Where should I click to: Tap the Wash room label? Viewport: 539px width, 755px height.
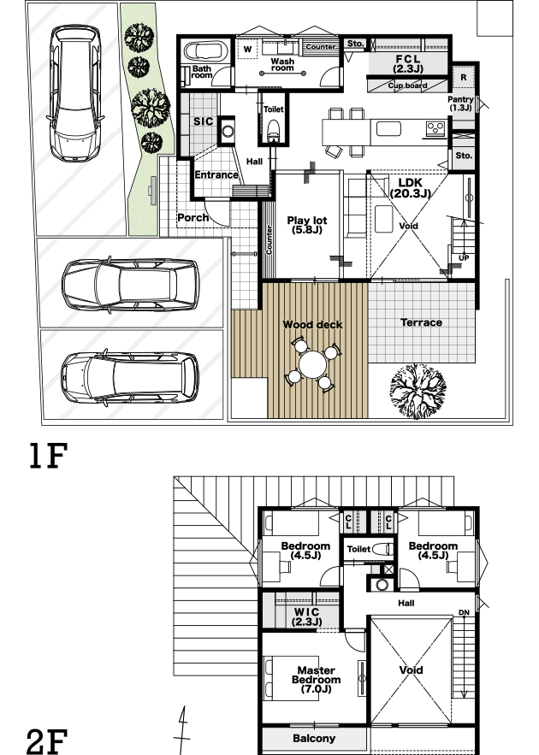282,64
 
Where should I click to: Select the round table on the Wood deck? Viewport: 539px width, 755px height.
312,365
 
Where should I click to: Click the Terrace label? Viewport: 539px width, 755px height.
422,322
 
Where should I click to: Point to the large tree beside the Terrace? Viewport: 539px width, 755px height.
418,391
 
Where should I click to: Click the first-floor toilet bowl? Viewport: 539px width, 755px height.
274,130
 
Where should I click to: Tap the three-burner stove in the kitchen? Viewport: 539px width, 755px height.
435,128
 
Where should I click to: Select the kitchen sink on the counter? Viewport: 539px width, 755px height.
388,128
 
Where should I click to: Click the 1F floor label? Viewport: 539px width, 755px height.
48,456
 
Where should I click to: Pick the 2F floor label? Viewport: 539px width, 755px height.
47,741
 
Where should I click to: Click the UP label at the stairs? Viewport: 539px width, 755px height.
464,258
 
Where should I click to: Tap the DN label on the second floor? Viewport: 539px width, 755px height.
464,613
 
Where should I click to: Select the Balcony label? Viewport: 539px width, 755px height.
314,738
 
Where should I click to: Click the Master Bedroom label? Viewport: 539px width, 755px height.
316,680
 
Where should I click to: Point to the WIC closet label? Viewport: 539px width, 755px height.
306,616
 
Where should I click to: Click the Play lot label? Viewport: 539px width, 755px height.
307,225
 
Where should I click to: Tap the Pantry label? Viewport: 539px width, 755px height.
460,103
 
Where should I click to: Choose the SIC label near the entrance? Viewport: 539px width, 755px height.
204,121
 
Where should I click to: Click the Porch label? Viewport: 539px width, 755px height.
193,218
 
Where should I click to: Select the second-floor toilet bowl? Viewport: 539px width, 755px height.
383,549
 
